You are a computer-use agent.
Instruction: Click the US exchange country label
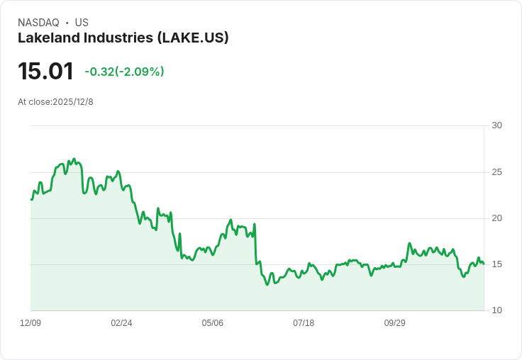[x=82, y=23]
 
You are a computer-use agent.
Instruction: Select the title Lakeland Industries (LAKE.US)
[x=123, y=38]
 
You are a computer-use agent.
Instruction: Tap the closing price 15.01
[x=45, y=72]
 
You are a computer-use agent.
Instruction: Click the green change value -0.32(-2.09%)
[x=124, y=72]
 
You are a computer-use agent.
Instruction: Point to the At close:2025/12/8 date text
[x=55, y=101]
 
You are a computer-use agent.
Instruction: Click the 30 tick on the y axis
[x=497, y=125]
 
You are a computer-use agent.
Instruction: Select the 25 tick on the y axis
[x=497, y=172]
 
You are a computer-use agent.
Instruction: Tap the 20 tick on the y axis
[x=497, y=218]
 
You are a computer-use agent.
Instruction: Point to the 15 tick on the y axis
[x=497, y=264]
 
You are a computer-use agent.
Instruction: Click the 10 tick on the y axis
[x=497, y=310]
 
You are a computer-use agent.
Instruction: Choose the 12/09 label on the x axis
[x=30, y=323]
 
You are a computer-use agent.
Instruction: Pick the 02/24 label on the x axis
[x=121, y=323]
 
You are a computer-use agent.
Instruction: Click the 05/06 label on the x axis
[x=212, y=323]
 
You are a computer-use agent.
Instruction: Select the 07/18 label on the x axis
[x=304, y=323]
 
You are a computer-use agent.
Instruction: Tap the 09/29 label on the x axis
[x=394, y=323]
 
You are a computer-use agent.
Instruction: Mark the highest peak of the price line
[x=74, y=159]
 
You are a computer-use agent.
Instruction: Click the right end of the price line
[x=484, y=264]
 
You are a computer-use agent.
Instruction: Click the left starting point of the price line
[x=31, y=199]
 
